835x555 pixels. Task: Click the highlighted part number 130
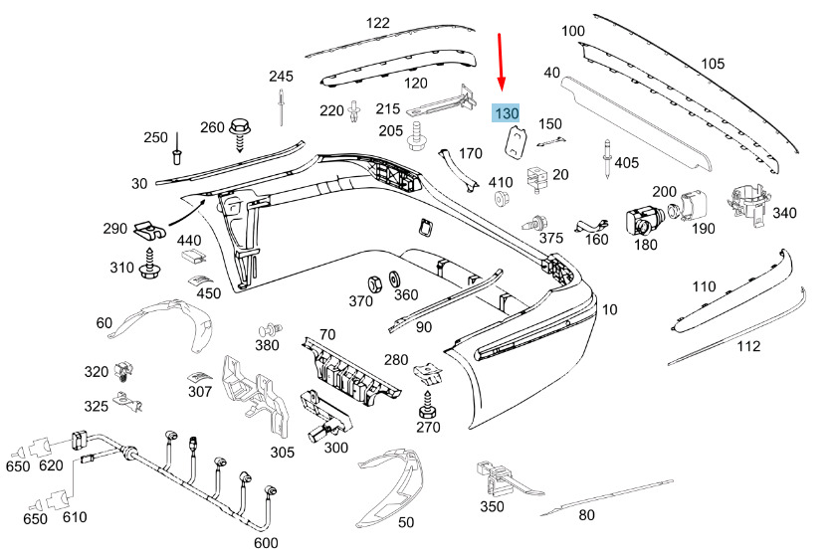[x=507, y=113]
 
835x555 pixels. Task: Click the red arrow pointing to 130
[x=501, y=62]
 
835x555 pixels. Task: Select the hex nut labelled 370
[x=373, y=283]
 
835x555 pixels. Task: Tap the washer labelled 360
[x=394, y=279]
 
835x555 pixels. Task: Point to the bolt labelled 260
[x=239, y=135]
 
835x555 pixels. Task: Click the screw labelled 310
[x=149, y=263]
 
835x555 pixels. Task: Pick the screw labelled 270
[x=427, y=406]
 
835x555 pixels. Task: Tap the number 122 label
[x=378, y=23]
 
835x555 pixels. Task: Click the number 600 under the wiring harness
[x=266, y=543]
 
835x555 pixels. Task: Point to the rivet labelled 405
[x=606, y=158]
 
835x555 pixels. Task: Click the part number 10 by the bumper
[x=609, y=309]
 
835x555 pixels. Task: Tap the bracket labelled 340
[x=747, y=203]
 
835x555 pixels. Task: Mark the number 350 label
[x=492, y=506]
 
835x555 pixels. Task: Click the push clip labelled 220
[x=353, y=110]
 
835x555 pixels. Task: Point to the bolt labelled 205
[x=418, y=136]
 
